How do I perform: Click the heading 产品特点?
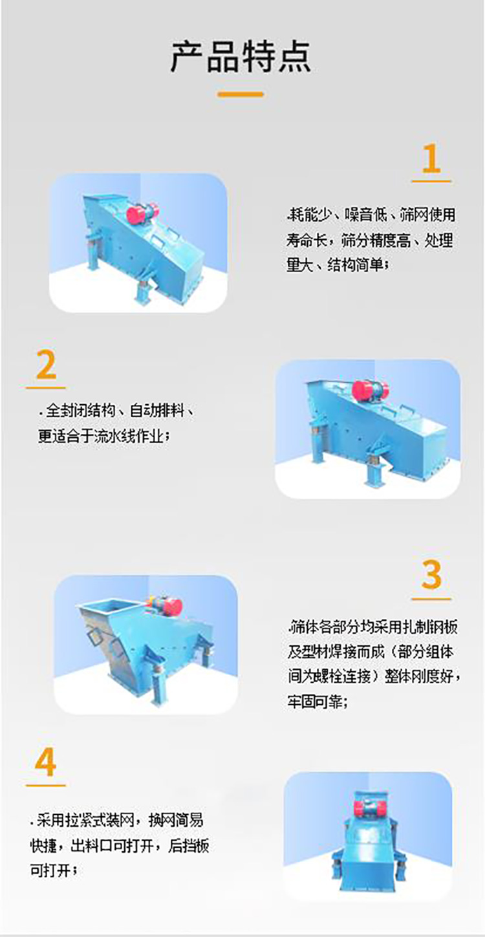[241, 57]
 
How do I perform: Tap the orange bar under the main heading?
[241, 94]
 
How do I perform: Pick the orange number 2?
[46, 366]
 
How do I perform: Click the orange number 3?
[431, 575]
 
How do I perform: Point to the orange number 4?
[46, 764]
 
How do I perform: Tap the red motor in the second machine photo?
[371, 391]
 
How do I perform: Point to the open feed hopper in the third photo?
[103, 609]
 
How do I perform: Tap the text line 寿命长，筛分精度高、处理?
[370, 241]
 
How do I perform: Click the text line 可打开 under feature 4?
[54, 870]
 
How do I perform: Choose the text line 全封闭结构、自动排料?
[116, 411]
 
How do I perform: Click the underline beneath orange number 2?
[46, 388]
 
